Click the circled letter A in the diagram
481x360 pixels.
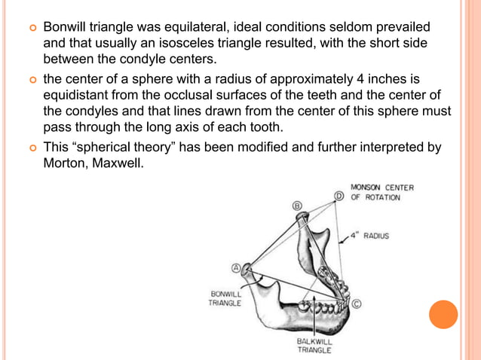pyautogui.click(x=235, y=267)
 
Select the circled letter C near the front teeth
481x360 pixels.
pyautogui.click(x=356, y=304)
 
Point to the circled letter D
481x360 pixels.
pyautogui.click(x=339, y=197)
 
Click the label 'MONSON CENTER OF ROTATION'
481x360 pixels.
pyautogui.click(x=381, y=192)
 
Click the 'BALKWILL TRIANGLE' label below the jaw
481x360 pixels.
pyautogui.click(x=314, y=345)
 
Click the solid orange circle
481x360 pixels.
pyautogui.click(x=443, y=314)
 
